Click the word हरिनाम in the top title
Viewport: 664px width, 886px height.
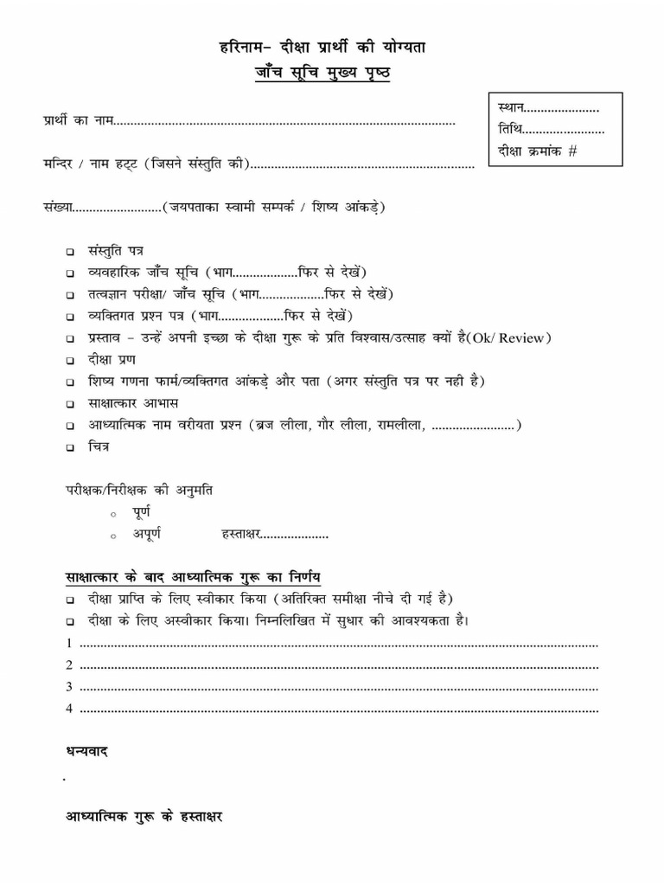click(x=240, y=48)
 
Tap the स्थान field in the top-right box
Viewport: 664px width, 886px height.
click(x=548, y=108)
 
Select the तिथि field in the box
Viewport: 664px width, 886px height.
click(x=551, y=130)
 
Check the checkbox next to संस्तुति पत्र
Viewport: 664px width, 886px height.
click(x=69, y=251)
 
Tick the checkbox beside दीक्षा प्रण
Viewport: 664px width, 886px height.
click(x=69, y=360)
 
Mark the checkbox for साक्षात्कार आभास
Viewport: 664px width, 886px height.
click(x=69, y=404)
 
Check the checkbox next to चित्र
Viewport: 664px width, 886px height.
click(x=69, y=448)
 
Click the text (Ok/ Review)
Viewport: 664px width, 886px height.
click(x=509, y=337)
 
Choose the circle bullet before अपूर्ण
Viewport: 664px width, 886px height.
click(x=113, y=537)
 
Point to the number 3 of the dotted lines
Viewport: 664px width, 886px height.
click(x=68, y=687)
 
